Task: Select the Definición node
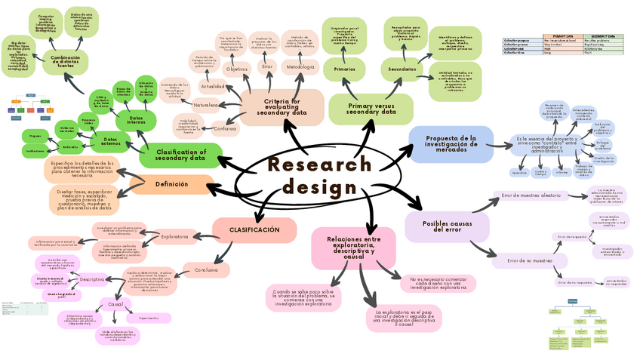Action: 171,184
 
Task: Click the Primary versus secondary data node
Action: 371,107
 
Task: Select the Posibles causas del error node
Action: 441,226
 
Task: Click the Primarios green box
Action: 345,69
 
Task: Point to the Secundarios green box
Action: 402,69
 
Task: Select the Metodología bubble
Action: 300,68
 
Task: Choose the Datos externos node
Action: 111,140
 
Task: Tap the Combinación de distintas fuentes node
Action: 66,62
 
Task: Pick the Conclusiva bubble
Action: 206,269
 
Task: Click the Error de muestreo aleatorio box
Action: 531,196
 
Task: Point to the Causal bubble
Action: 115,304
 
